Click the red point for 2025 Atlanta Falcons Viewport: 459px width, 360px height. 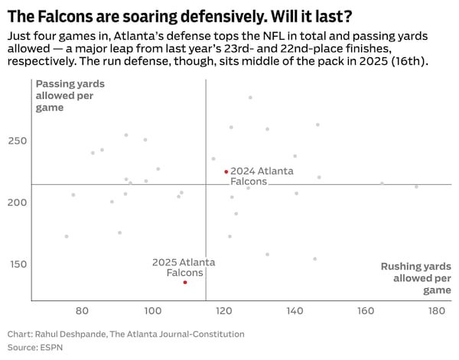pos(185,283)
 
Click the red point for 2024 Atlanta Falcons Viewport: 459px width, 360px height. pos(226,172)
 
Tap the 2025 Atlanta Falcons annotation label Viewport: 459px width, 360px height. pos(183,268)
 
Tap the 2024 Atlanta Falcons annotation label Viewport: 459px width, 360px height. pos(262,177)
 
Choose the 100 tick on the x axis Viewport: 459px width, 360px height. pos(153,311)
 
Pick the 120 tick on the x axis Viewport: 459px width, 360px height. pos(224,311)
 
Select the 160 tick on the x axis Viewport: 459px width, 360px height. pos(366,311)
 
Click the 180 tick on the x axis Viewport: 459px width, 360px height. pos(437,311)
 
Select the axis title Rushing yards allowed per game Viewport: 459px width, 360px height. pos(416,278)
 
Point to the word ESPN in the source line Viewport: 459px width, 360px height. pos(55,347)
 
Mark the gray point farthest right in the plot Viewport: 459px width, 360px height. pos(416,186)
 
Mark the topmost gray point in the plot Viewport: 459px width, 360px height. pos(250,98)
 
